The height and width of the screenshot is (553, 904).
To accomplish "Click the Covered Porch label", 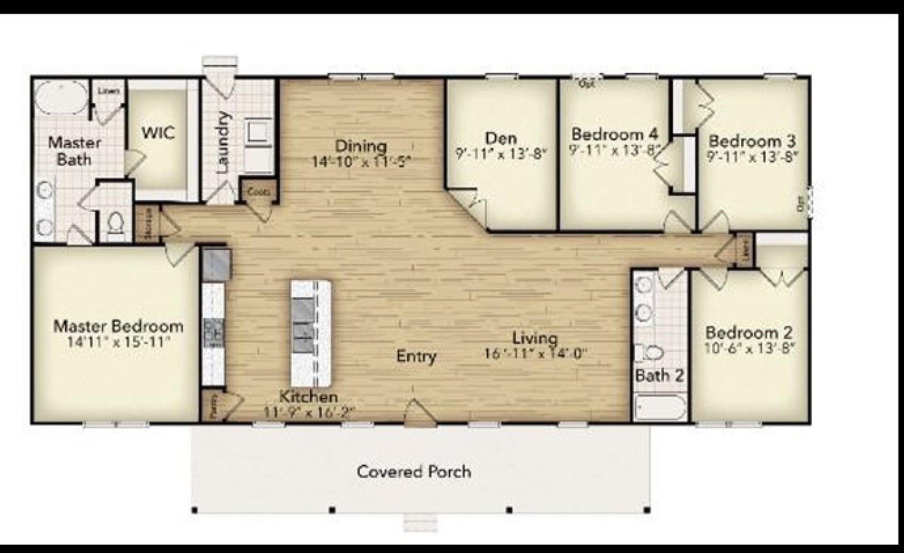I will click(x=414, y=472).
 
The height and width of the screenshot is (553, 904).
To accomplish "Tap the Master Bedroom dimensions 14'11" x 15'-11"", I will click(x=118, y=342).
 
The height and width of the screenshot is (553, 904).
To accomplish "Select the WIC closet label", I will click(x=158, y=132).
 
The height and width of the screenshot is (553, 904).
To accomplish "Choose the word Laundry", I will click(x=224, y=142).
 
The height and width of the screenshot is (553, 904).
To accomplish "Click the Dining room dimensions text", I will click(x=361, y=162).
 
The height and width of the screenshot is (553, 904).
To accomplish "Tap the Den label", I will click(x=501, y=138).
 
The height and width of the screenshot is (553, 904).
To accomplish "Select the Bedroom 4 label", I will click(x=614, y=134).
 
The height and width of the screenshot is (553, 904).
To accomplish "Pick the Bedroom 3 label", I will click(x=752, y=141).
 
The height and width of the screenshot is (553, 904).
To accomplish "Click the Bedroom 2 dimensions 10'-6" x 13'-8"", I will click(x=749, y=349).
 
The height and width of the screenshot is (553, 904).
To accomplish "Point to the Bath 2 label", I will click(x=659, y=376).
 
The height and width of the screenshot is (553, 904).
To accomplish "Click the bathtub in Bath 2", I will click(x=660, y=408).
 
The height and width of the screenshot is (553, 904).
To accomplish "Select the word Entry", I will click(x=416, y=356).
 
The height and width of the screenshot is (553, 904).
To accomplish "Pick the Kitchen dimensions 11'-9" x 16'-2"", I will click(x=309, y=412).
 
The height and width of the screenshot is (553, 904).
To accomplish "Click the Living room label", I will click(x=535, y=338).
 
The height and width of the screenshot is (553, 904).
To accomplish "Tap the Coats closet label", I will click(x=259, y=192).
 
